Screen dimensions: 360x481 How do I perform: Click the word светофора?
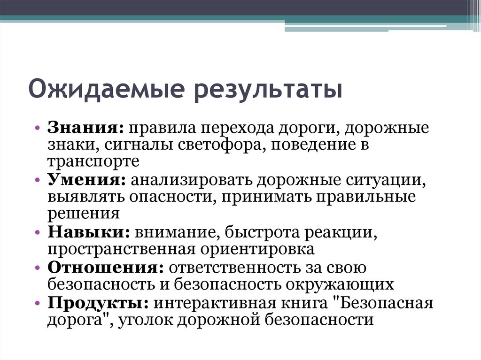click(221, 145)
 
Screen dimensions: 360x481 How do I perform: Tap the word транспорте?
click(93, 161)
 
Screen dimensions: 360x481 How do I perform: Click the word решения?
click(82, 214)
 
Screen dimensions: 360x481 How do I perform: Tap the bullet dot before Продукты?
click(38, 303)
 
